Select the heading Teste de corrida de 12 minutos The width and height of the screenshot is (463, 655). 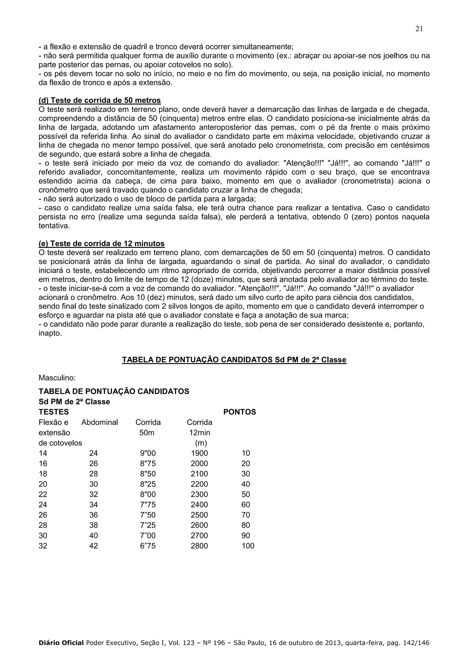click(x=102, y=244)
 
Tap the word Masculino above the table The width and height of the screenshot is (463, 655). click(x=57, y=378)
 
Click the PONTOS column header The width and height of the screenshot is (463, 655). click(x=239, y=412)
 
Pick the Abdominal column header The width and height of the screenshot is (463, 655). click(x=99, y=422)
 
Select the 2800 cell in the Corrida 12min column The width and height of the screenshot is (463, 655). click(x=199, y=546)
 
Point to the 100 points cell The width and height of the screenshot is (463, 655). click(x=248, y=546)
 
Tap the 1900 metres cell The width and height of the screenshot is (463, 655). click(x=199, y=453)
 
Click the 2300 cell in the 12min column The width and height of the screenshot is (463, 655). click(x=199, y=494)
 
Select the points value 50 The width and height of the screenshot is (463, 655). click(x=246, y=494)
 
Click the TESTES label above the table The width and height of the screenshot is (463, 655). click(x=54, y=412)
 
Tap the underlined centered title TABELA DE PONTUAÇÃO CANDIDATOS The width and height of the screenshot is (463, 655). click(x=234, y=360)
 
